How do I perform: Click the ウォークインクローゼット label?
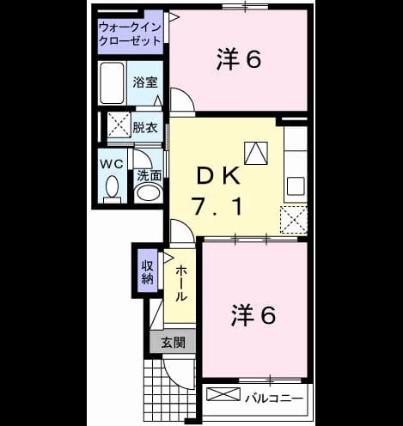pos(130,34)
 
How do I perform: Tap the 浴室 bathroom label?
pos(145,82)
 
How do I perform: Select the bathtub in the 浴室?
pos(112,82)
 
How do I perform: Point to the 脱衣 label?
pos(145,127)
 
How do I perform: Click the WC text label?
pos(112,164)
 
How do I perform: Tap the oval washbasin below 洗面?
pos(148,192)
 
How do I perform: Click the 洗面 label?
pos(149,175)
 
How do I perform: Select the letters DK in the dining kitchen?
pos(218,176)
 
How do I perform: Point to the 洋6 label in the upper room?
pos(239,59)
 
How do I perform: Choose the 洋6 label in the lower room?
pos(253,315)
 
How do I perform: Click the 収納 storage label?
pos(148,271)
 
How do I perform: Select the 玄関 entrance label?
pos(173,342)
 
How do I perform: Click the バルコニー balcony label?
pos(274,399)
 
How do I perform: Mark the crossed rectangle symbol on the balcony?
pos(223,394)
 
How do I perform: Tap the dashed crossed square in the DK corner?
pos(294,220)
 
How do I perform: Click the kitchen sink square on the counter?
pos(296,186)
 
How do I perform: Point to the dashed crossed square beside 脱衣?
pos(119,125)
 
